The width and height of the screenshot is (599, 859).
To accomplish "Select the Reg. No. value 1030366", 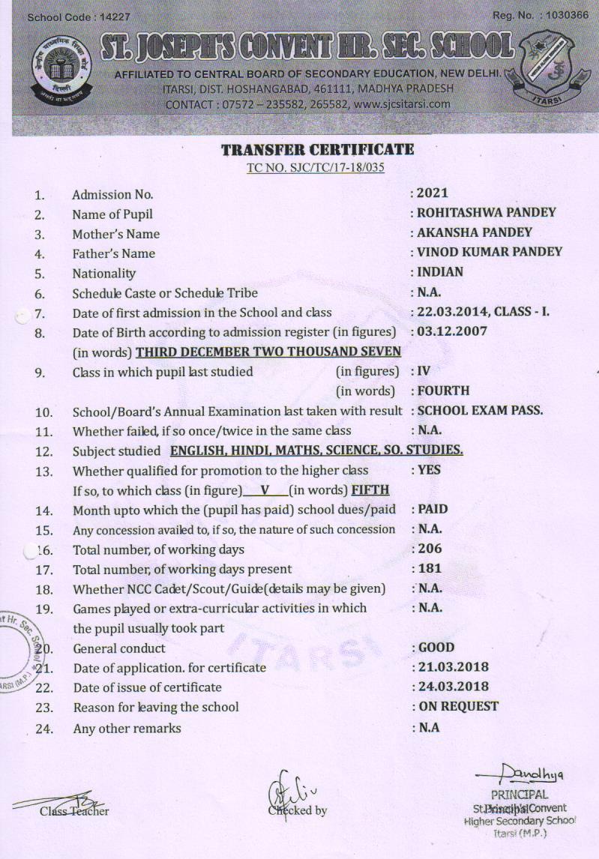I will (568, 15).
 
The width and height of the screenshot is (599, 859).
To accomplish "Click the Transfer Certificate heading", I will (317, 150).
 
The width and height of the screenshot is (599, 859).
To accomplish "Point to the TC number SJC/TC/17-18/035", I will (316, 167).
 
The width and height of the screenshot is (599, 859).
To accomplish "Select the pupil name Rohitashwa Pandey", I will (487, 213).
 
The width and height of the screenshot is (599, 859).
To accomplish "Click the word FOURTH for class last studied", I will (443, 391).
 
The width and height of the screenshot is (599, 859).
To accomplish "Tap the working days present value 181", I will (430, 568).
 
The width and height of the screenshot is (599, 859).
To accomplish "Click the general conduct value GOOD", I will (436, 648).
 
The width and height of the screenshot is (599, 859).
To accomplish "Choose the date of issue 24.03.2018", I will (453, 687).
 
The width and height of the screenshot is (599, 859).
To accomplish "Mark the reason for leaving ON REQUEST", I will (457, 706).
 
